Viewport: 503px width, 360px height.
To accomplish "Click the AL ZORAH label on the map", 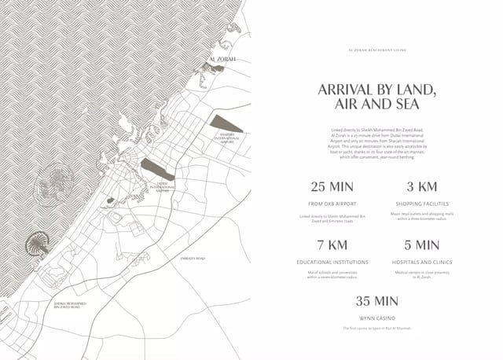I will (222, 60).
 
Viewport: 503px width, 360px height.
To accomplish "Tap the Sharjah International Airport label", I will (224, 139).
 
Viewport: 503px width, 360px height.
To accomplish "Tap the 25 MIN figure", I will (332, 187).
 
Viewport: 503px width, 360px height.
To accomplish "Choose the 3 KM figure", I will (421, 187).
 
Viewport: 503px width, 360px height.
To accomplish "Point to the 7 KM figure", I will (332, 245).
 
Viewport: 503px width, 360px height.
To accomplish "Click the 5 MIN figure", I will (421, 245).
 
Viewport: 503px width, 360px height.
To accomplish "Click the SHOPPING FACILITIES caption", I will (421, 204).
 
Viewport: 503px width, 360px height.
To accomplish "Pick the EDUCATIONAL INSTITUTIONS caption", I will (332, 262).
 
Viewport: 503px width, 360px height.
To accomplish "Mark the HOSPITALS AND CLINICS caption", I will (421, 262).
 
